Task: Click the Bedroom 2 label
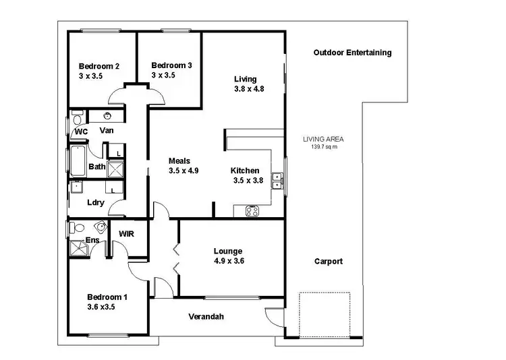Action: pyautogui.click(x=99, y=66)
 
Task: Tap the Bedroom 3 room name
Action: pyautogui.click(x=171, y=65)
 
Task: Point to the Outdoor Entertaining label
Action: pyautogui.click(x=352, y=53)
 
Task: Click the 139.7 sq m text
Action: pyautogui.click(x=323, y=147)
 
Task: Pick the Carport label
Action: pyautogui.click(x=329, y=262)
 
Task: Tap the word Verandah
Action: pyautogui.click(x=206, y=316)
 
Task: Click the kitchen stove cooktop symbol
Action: pyautogui.click(x=252, y=211)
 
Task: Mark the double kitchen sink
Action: pyautogui.click(x=277, y=180)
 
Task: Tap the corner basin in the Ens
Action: pyautogui.click(x=102, y=227)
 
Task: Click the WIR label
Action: pyautogui.click(x=127, y=234)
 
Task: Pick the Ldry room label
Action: pyautogui.click(x=95, y=202)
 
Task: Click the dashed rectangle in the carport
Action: pyautogui.click(x=325, y=316)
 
